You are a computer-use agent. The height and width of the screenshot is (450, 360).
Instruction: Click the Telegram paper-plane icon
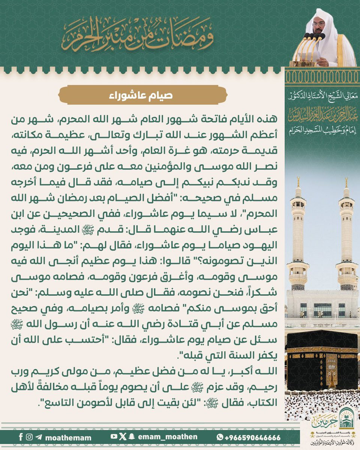[39, 437]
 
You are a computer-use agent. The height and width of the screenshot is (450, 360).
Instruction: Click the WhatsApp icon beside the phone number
[220, 437]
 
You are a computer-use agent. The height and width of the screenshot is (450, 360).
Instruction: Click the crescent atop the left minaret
[298, 180]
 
